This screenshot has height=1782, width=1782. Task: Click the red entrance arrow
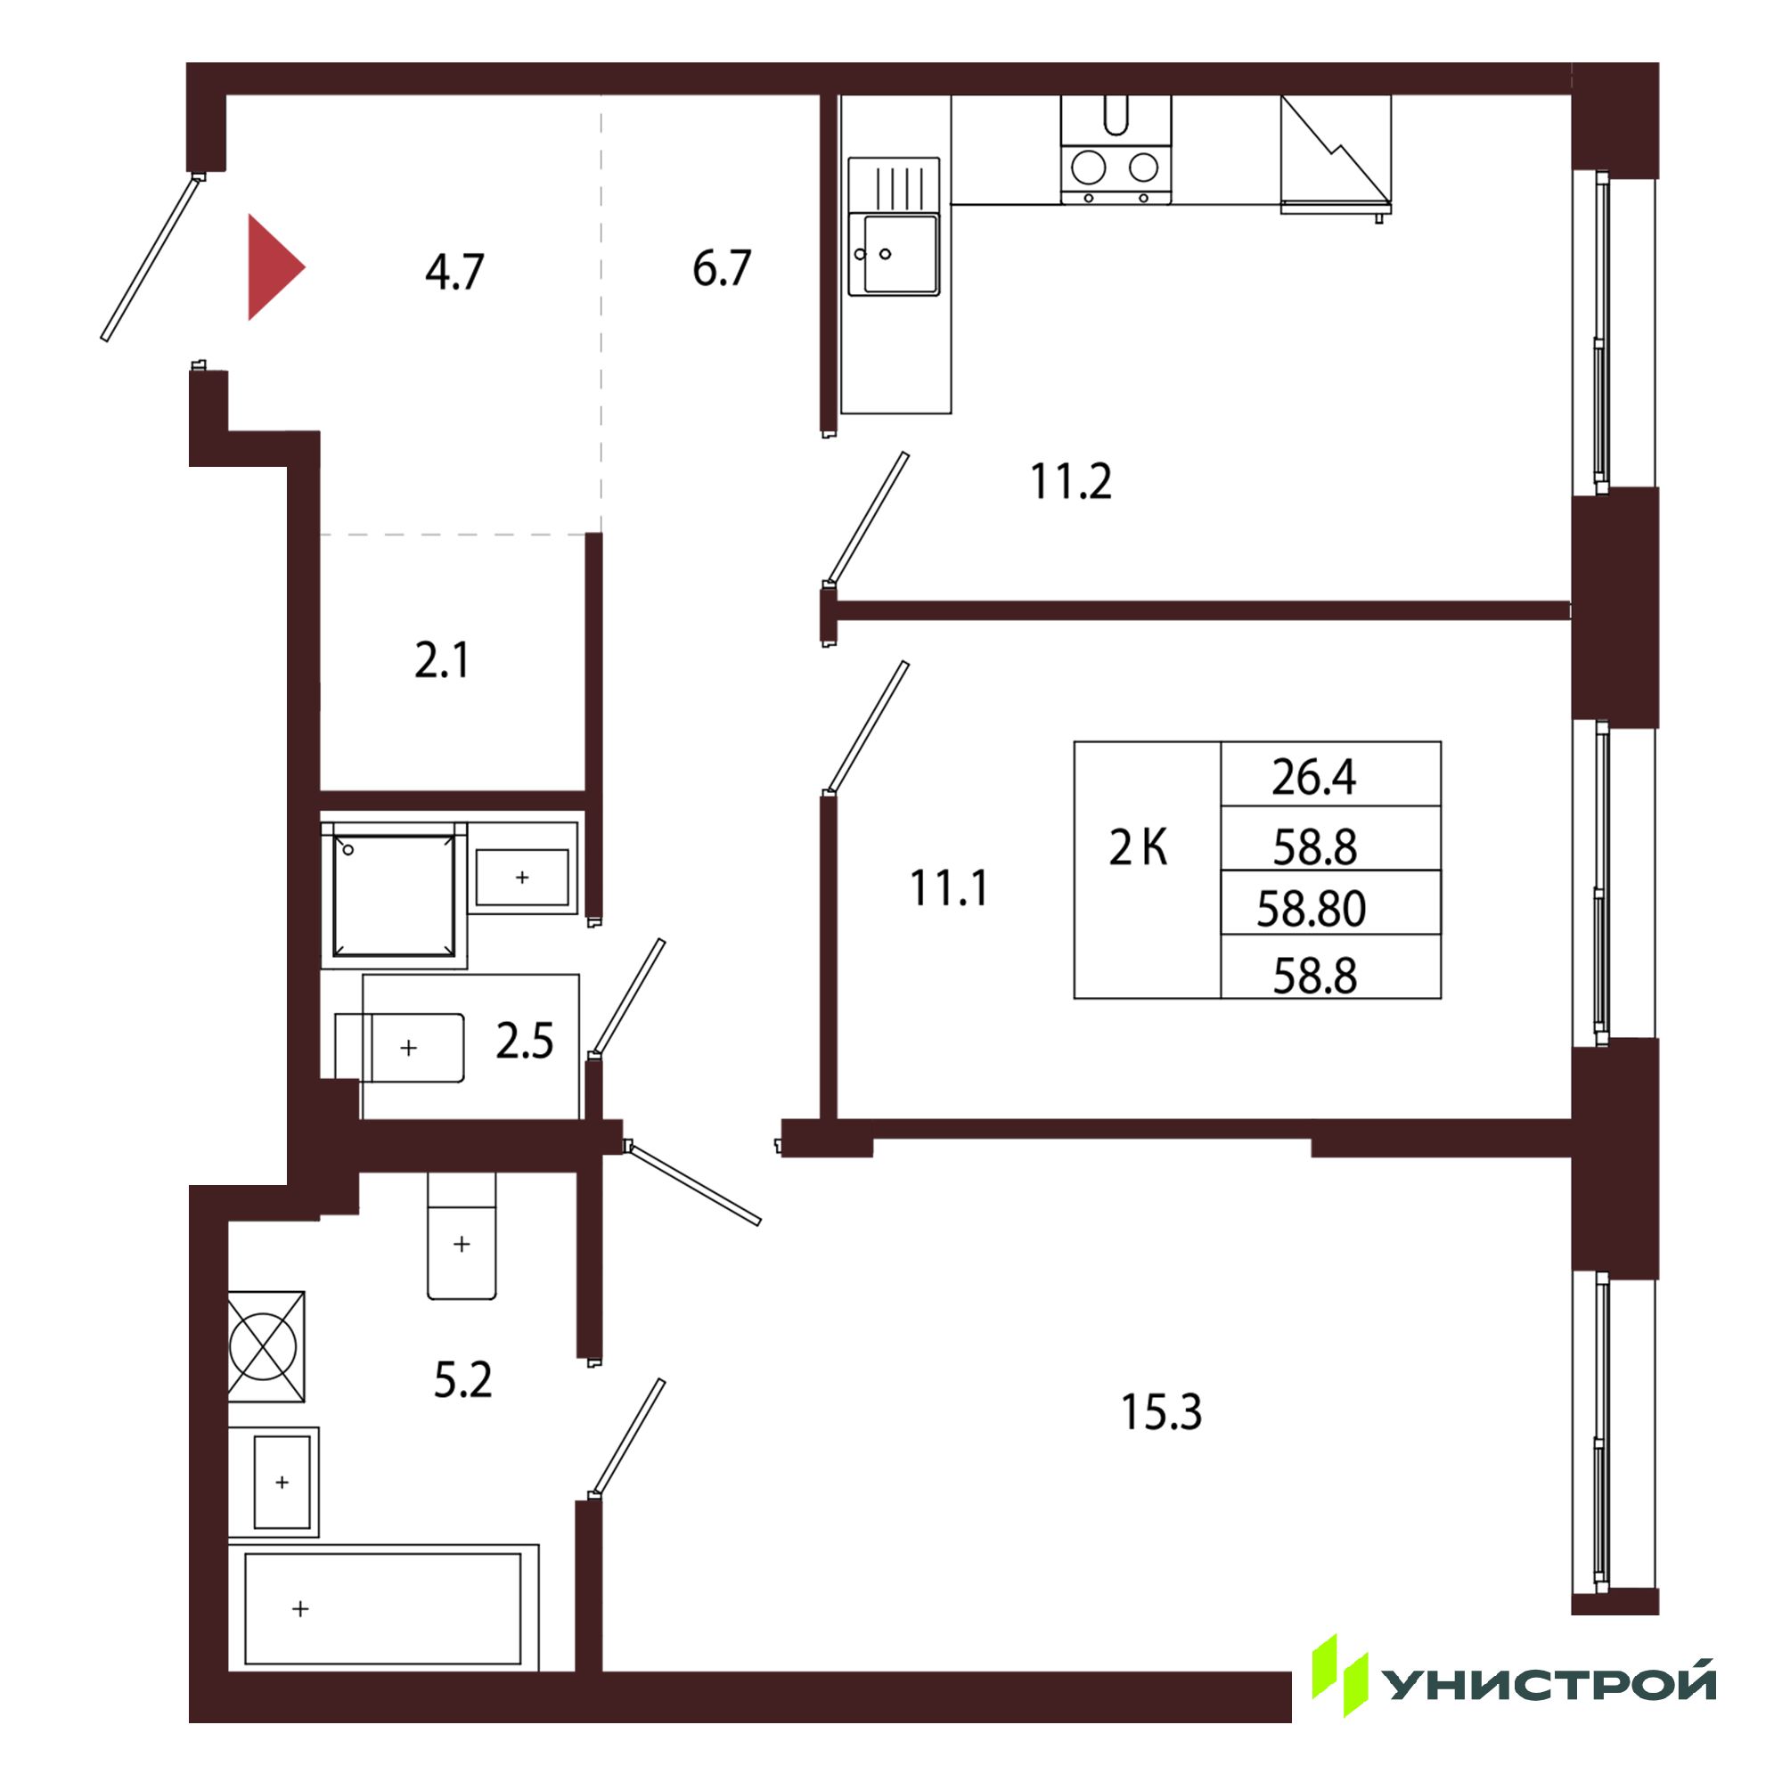coord(273,267)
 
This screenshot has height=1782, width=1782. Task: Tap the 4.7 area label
coord(454,272)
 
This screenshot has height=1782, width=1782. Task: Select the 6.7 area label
coord(723,268)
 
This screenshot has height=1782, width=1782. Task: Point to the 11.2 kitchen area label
coord(1071,480)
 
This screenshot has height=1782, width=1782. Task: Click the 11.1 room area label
coord(949,888)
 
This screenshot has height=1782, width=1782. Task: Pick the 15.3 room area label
coord(1161,1412)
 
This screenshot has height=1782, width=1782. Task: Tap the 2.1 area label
coord(442,660)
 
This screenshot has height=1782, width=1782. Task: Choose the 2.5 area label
coord(525,1041)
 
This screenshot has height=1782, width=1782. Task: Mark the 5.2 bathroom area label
coord(463,1380)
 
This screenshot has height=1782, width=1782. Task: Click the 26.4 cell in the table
coord(1314,777)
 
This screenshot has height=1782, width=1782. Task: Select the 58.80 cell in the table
coord(1311,909)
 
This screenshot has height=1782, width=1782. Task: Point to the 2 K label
coord(1138,846)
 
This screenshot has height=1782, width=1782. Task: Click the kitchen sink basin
coord(901,254)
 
